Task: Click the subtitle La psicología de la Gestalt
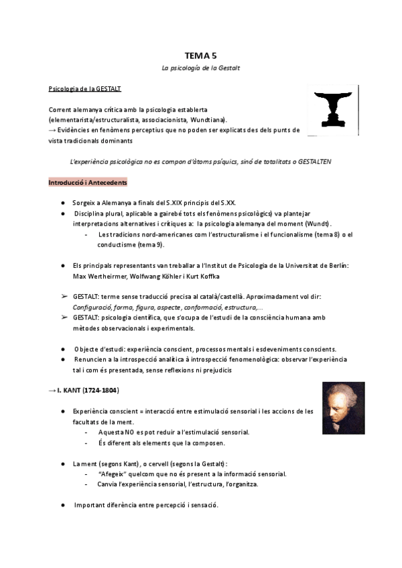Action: tap(201, 68)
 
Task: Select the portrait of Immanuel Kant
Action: tap(343, 409)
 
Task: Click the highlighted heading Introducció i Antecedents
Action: tap(88, 182)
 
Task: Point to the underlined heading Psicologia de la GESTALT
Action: tap(84, 88)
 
